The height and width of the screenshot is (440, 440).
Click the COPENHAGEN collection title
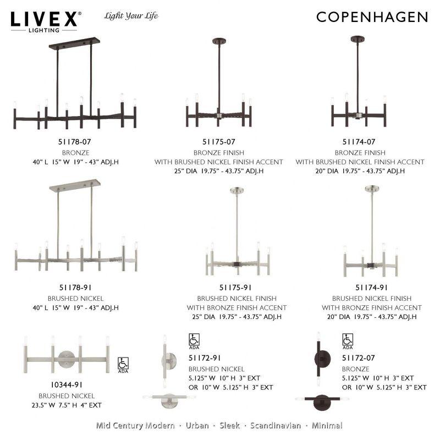coord(372,17)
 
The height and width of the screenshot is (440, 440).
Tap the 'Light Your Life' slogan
coord(131,16)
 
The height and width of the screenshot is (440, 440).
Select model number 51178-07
coord(76,142)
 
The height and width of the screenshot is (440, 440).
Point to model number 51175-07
coord(218,142)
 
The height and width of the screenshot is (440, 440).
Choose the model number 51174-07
coord(359,142)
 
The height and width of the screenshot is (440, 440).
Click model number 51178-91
coord(76,287)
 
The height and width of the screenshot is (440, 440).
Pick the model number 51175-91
coord(235,287)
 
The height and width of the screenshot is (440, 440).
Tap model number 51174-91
coord(371,287)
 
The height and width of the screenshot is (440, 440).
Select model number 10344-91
coord(66,386)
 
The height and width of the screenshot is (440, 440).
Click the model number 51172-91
coord(205,359)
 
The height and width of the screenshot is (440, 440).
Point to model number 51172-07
coord(358,359)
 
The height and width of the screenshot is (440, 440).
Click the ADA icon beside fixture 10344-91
coord(123,365)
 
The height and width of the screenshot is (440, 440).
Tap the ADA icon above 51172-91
coord(194,341)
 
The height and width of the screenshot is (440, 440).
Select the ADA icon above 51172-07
coord(348,341)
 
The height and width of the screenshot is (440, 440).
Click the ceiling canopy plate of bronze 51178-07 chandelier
coord(74,42)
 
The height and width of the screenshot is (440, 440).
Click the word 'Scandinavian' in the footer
coord(276,425)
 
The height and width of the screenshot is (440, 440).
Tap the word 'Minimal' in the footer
coord(327,425)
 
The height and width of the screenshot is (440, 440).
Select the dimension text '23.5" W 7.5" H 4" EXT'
coord(66,405)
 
